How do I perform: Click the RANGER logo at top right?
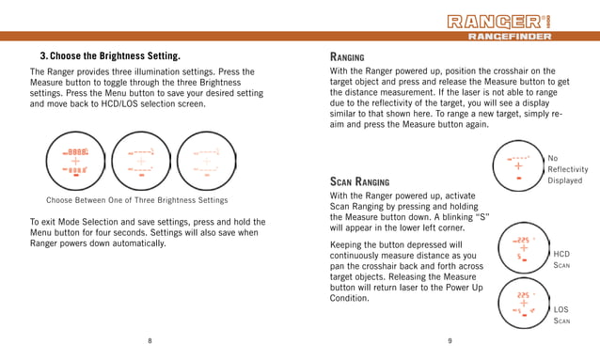pyautogui.click(x=513, y=21)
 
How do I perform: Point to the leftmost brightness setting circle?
pyautogui.click(x=76, y=161)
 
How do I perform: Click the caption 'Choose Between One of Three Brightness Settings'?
pyautogui.click(x=137, y=200)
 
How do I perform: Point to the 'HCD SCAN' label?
pyautogui.click(x=561, y=260)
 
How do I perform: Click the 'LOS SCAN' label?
pyautogui.click(x=561, y=315)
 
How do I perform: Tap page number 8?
pyautogui.click(x=150, y=340)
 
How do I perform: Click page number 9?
pyautogui.click(x=450, y=340)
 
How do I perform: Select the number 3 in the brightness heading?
pyautogui.click(x=42, y=55)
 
